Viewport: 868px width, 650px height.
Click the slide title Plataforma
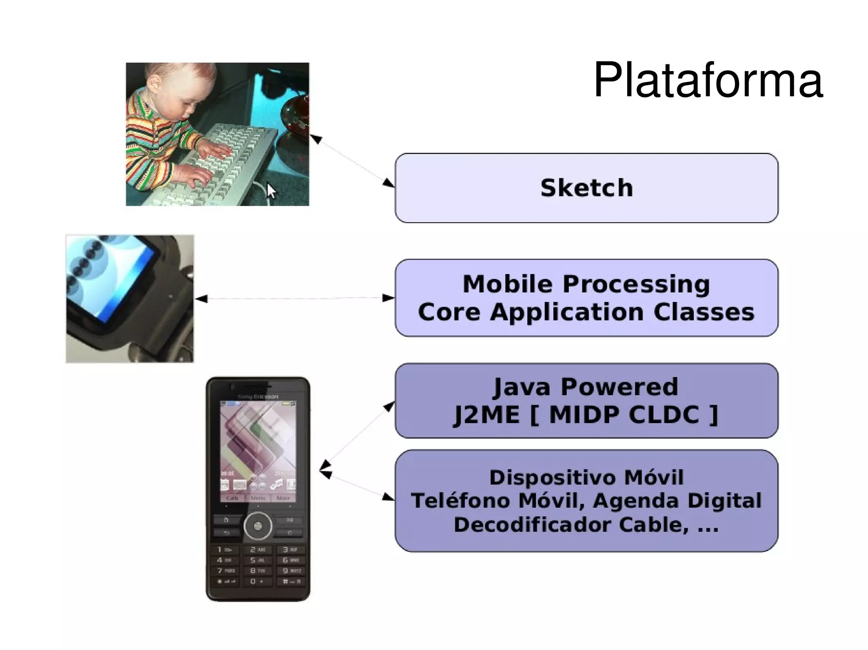(x=708, y=80)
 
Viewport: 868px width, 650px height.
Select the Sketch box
(x=586, y=188)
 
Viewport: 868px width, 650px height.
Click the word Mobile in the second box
(x=508, y=284)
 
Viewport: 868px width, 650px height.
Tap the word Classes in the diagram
(x=704, y=312)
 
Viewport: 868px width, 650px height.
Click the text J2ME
(x=487, y=415)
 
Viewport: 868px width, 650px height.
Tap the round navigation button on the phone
(x=258, y=526)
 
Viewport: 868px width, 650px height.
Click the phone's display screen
(x=258, y=451)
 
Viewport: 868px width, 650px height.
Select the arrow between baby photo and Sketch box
(x=352, y=161)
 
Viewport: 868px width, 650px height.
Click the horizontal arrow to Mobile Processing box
(x=295, y=299)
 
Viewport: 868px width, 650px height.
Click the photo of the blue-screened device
(x=130, y=299)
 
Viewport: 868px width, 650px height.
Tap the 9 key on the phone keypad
(x=291, y=571)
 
